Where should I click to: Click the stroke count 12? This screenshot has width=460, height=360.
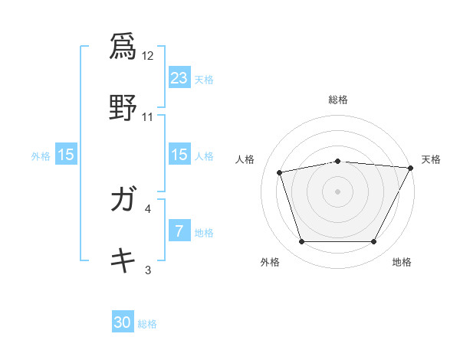pyautogui.click(x=148, y=56)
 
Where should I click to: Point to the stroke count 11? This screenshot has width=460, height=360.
pyautogui.click(x=148, y=117)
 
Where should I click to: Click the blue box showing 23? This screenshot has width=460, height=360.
pyautogui.click(x=179, y=77)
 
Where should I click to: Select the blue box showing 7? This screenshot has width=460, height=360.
pyautogui.click(x=179, y=231)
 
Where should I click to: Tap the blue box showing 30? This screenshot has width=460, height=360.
pyautogui.click(x=123, y=322)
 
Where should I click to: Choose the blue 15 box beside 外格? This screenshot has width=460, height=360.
pyautogui.click(x=66, y=155)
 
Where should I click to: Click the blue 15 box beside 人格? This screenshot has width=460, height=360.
pyautogui.click(x=179, y=155)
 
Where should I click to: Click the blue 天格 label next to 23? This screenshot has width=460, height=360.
pyautogui.click(x=204, y=79)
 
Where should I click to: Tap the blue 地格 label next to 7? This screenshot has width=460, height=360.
pyautogui.click(x=204, y=233)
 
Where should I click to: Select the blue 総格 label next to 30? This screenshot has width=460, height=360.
pyautogui.click(x=147, y=324)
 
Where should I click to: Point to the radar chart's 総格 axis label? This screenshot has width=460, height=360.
pyautogui.click(x=338, y=100)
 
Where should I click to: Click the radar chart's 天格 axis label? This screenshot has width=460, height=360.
pyautogui.click(x=431, y=159)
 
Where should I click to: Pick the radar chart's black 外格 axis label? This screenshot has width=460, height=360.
pyautogui.click(x=270, y=262)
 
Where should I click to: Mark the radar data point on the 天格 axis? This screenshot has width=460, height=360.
pyautogui.click(x=411, y=168)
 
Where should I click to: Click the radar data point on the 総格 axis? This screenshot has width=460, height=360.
pyautogui.click(x=337, y=161)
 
